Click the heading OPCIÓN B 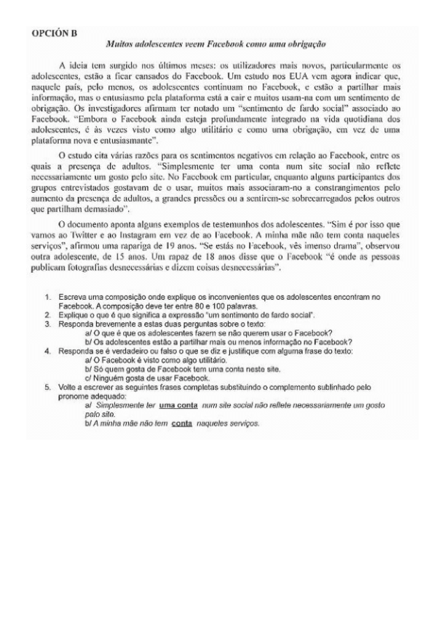55,33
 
